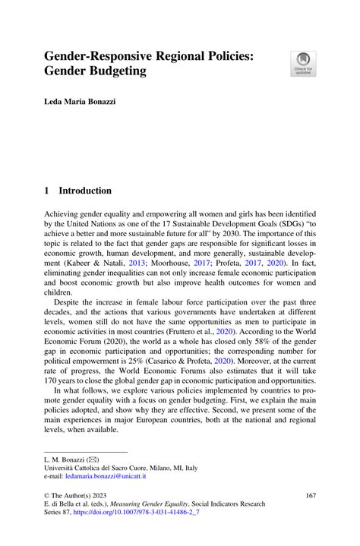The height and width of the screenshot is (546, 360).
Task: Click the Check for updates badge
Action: coord(304,64)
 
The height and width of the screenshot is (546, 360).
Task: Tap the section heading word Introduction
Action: coord(85,191)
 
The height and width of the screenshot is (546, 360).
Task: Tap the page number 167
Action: coord(308,494)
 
